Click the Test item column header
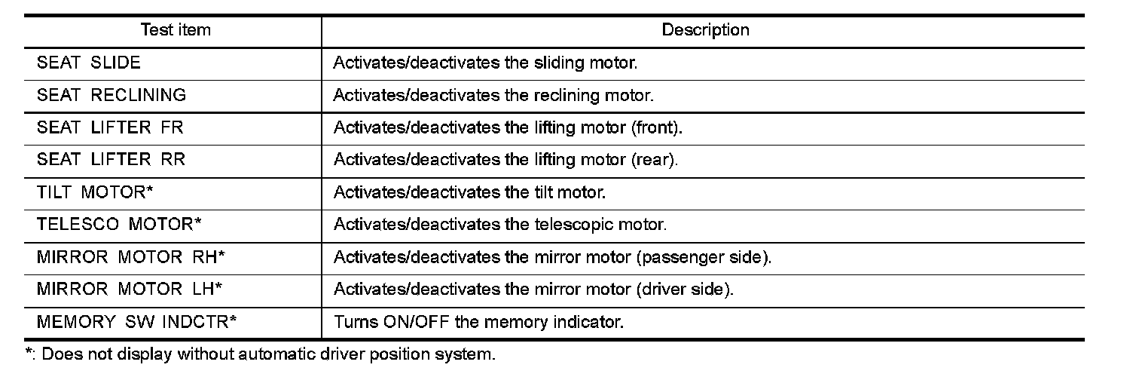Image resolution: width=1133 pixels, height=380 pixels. pos(176,31)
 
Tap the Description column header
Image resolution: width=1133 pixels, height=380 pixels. pos(705,31)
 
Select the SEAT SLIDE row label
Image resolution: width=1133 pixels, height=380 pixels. pos(89,63)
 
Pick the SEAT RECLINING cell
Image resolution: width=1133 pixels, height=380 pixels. pos(111,96)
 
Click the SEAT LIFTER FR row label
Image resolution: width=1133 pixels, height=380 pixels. pos(110,128)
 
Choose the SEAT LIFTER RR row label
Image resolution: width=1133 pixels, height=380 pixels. pos(111,161)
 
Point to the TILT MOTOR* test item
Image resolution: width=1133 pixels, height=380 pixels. pos(95,193)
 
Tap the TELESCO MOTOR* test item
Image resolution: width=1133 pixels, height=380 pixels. pos(119,225)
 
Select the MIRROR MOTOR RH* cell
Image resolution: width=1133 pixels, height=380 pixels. pos(131,258)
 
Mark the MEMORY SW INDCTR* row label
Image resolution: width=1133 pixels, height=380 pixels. pos(137,323)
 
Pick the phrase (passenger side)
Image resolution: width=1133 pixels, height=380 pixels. pos(704,258)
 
